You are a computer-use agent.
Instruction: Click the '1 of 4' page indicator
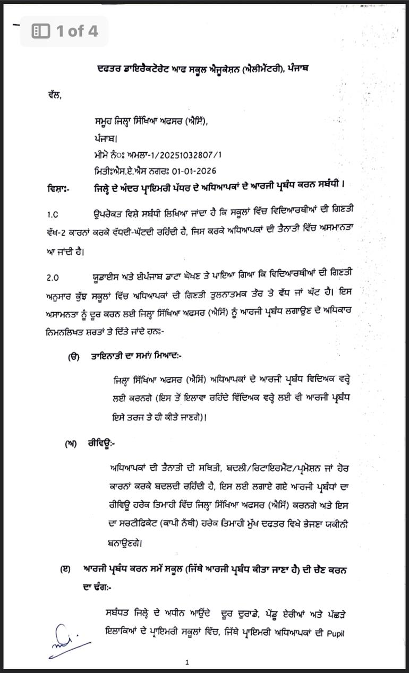click(77, 31)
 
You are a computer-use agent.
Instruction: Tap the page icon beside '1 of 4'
click(41, 31)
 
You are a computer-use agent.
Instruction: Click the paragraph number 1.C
click(53, 214)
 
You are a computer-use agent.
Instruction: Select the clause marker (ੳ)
click(74, 357)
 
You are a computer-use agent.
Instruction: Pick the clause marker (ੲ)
click(65, 569)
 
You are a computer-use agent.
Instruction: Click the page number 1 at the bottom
click(188, 662)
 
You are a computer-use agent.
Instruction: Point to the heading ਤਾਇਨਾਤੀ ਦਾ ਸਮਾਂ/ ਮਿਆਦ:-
click(137, 357)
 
